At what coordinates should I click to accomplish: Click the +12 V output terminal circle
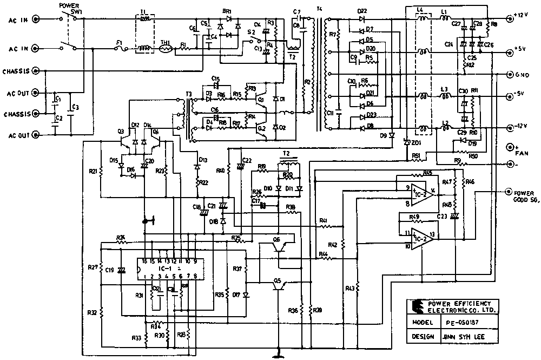(509, 17)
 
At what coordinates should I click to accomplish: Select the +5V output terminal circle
(509, 53)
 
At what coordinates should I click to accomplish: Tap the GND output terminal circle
(509, 74)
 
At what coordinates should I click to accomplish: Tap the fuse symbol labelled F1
(121, 49)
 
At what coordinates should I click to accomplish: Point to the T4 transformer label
(319, 10)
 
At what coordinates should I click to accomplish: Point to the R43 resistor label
(349, 289)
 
